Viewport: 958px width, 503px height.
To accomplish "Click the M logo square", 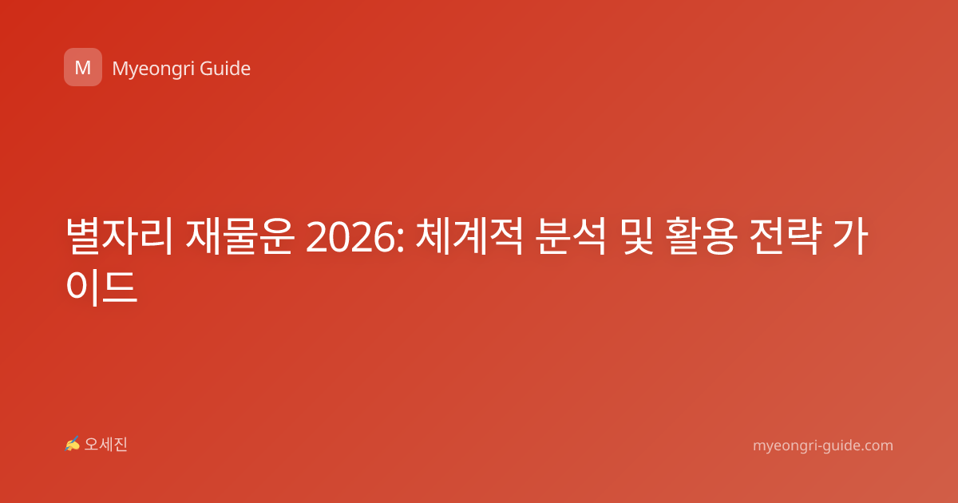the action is click(x=83, y=67).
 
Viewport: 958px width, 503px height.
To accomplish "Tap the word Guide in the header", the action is click(x=225, y=69).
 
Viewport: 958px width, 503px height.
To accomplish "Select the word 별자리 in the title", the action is click(x=120, y=236).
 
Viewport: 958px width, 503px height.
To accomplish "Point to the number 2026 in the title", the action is click(x=350, y=237).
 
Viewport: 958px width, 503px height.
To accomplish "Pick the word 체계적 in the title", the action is click(x=469, y=236).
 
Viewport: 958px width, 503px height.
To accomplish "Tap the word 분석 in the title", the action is click(x=571, y=236).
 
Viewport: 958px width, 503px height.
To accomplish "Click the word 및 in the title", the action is click(x=638, y=236).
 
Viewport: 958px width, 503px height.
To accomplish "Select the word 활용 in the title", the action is click(x=702, y=236).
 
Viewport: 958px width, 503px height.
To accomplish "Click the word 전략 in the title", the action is click(x=786, y=236).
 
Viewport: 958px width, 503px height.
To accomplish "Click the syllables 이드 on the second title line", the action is click(x=102, y=287).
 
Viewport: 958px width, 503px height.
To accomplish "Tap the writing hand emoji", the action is click(x=73, y=444).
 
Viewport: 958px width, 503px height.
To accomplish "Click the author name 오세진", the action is click(x=105, y=445).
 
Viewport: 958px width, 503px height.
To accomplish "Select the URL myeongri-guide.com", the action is click(x=823, y=446).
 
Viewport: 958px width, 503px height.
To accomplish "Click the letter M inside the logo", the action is click(x=83, y=68).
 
